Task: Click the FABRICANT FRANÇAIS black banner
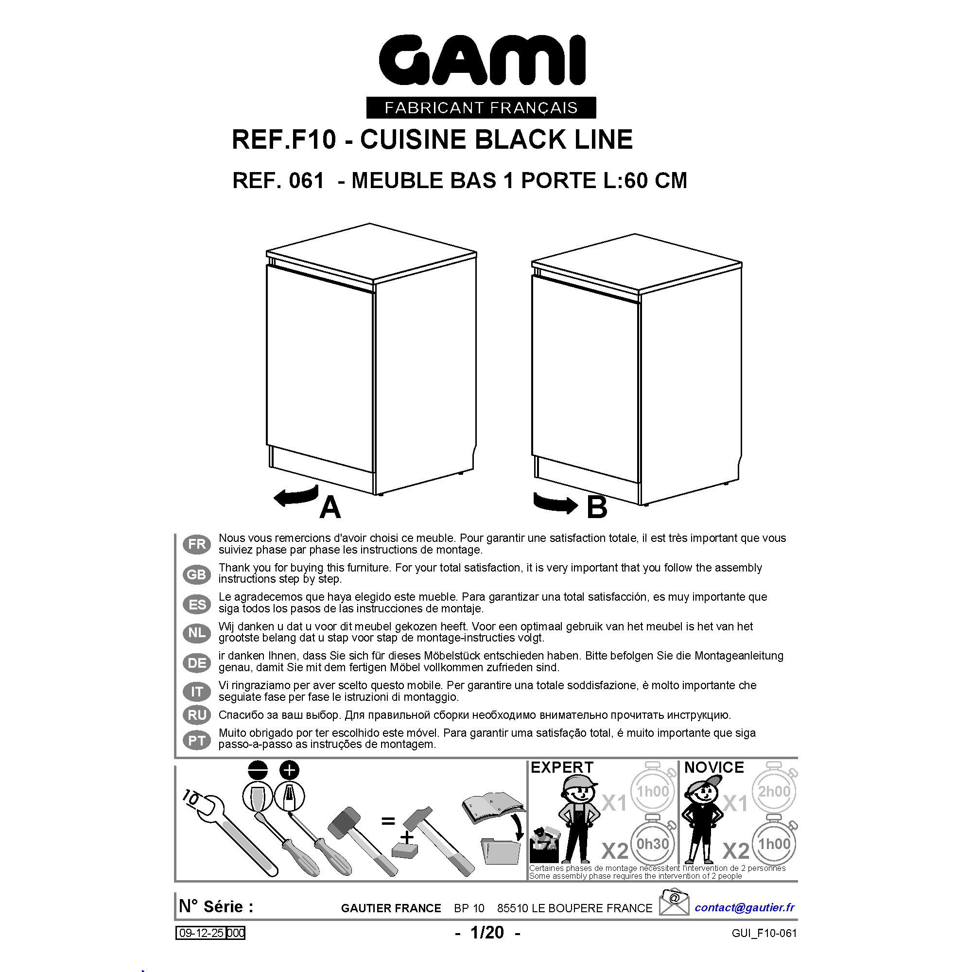[x=481, y=108]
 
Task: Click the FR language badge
[x=197, y=544]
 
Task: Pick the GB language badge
[x=197, y=574]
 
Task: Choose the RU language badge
[x=197, y=715]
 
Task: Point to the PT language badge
[x=197, y=741]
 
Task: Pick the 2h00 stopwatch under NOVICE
[x=774, y=791]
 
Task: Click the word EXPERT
[x=562, y=767]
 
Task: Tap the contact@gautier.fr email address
[x=745, y=907]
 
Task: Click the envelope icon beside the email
[x=674, y=902]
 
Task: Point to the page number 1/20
[x=487, y=932]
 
